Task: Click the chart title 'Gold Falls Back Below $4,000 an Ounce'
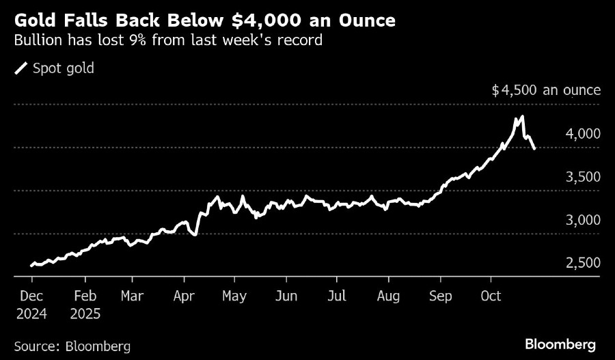coord(204,20)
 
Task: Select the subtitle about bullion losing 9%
coord(168,41)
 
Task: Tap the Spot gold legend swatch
coord(22,68)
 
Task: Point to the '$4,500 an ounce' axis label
coord(546,90)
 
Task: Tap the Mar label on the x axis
coord(132,296)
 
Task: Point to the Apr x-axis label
coord(184,296)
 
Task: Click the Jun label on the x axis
coord(286,296)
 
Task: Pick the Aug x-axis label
coord(388,296)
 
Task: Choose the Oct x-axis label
coord(491,296)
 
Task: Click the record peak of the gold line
coord(521,117)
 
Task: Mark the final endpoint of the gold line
coord(534,148)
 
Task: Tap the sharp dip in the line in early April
coord(195,235)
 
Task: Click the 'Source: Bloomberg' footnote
coord(72,346)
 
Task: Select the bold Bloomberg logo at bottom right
coord(560,344)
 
